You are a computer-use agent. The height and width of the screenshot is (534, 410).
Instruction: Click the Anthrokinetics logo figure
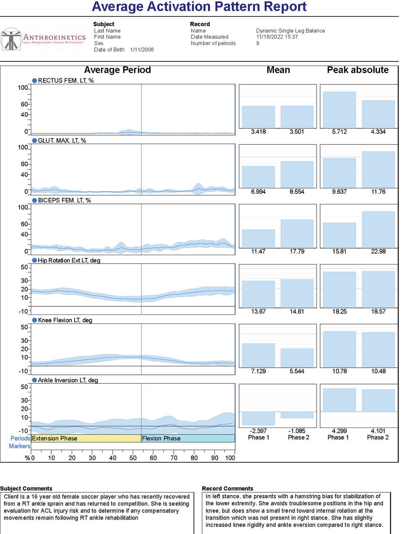[x=11, y=40]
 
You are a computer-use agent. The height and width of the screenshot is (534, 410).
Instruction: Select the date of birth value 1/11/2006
[x=142, y=50]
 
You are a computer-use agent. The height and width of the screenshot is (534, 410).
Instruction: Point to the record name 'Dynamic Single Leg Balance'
[x=290, y=31]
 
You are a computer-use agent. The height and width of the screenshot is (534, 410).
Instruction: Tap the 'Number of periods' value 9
[x=257, y=43]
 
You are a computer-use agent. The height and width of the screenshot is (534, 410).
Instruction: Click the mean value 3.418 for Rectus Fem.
[x=258, y=132]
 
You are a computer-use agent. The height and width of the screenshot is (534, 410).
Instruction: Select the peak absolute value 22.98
[x=378, y=251]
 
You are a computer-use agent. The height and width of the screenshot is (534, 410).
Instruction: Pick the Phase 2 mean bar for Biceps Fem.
[x=297, y=233]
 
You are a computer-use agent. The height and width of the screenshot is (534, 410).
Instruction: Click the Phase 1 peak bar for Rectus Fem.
[x=339, y=110]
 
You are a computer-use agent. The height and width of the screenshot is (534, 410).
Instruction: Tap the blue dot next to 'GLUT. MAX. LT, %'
[x=34, y=140]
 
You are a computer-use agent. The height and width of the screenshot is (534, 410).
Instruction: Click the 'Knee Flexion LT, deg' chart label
[x=65, y=320]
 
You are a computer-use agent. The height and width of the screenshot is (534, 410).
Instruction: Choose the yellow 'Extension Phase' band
[x=86, y=438]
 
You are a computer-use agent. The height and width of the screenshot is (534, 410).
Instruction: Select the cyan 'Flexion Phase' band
[x=188, y=438]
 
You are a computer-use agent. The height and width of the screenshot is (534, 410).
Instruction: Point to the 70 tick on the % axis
[x=174, y=458]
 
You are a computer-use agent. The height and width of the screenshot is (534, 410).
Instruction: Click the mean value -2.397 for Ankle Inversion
[x=258, y=431]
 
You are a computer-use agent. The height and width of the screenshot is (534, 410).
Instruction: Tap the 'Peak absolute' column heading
[x=358, y=70]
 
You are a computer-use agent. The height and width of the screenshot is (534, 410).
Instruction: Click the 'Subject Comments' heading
[x=26, y=489]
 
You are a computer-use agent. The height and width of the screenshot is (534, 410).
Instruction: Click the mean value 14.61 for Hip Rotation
[x=297, y=312]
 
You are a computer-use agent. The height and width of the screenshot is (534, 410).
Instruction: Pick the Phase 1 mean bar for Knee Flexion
[x=258, y=355]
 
